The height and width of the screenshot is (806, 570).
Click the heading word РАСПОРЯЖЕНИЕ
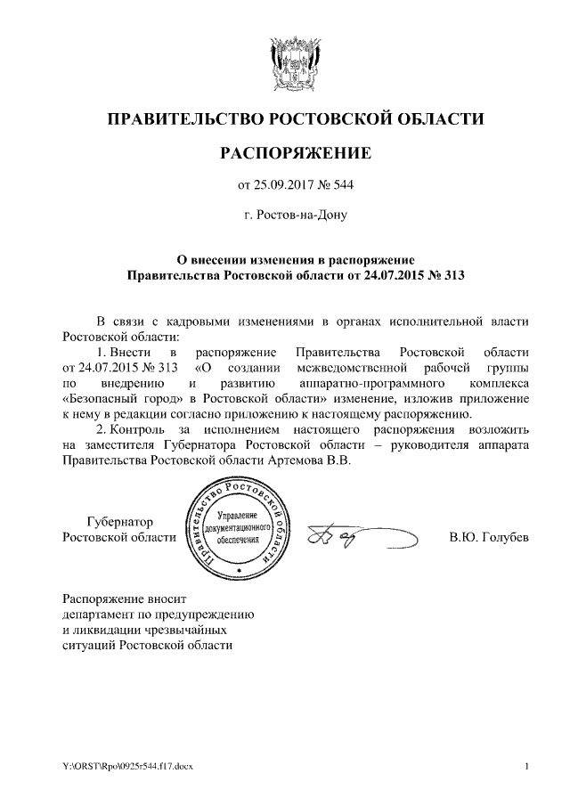295,155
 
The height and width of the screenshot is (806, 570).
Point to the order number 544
344,186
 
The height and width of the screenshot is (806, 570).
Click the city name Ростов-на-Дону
301,215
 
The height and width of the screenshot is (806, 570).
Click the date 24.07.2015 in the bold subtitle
380,275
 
